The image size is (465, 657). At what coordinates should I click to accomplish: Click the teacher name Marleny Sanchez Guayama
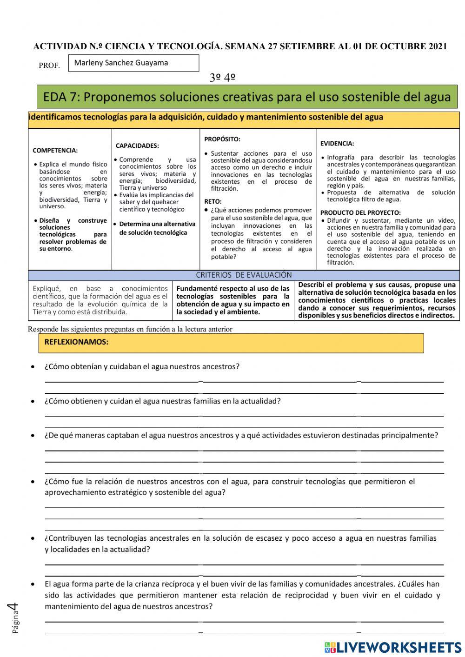tap(121, 63)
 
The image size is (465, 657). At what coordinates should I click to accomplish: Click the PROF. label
tap(49, 66)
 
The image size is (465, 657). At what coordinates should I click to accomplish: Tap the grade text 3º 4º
tap(222, 77)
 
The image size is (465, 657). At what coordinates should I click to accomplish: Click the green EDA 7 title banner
tap(246, 97)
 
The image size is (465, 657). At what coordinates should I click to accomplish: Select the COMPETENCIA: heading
tap(55, 151)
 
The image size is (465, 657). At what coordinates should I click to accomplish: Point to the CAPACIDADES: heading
tap(137, 146)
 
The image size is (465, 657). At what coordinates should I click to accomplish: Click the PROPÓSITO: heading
tap(222, 139)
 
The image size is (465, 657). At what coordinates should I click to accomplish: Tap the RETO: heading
tap(213, 202)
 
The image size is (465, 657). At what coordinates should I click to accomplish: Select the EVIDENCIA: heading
tap(337, 144)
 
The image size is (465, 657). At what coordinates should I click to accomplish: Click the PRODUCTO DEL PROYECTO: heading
tap(360, 212)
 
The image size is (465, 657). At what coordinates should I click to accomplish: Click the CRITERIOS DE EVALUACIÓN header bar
tap(244, 275)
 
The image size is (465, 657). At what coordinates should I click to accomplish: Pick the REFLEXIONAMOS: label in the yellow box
tap(76, 342)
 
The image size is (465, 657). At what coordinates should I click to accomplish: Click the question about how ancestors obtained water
tap(142, 366)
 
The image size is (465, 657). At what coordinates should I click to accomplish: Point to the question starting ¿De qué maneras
tap(241, 436)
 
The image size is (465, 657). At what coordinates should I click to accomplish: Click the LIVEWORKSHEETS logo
tap(392, 647)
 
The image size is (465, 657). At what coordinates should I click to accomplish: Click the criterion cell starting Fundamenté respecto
tap(233, 300)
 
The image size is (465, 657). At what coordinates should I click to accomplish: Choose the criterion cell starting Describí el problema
tap(377, 300)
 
